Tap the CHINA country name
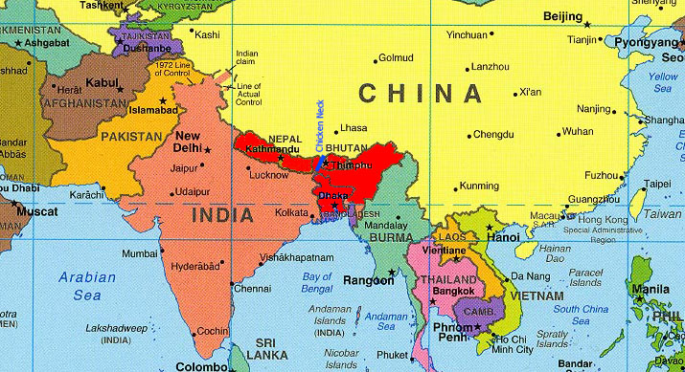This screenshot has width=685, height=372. coord(420,94)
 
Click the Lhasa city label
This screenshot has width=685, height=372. coord(354,127)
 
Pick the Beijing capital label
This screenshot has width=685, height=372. coord(563,16)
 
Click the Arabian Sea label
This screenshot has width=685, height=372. coord(73,287)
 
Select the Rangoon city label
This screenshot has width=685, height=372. coord(369,281)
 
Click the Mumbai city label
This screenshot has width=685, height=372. coord(139,253)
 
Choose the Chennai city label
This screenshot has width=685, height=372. coord(252,288)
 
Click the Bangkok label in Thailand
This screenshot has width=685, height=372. coord(453,289)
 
